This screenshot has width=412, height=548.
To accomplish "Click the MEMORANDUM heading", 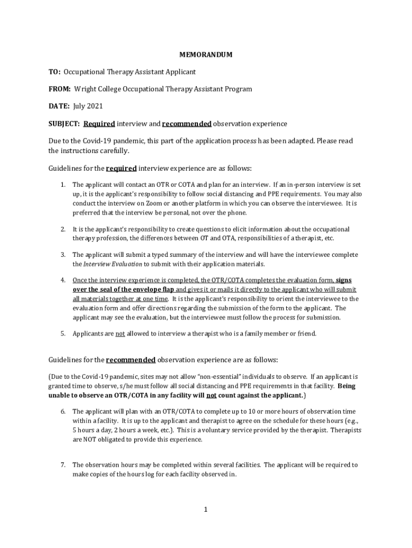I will point(205,55).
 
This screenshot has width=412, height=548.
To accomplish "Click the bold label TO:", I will point(55,72).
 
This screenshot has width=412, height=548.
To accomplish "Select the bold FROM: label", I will point(60,89).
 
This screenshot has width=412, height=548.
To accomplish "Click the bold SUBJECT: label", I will point(64,124).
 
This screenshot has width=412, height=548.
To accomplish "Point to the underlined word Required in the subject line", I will point(99,124).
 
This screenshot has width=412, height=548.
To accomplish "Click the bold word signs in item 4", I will point(344,280).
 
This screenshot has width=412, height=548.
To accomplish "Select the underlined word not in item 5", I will point(120,333).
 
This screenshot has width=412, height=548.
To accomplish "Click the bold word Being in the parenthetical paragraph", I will point(346,386).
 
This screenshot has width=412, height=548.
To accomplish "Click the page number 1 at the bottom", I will point(205,509).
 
